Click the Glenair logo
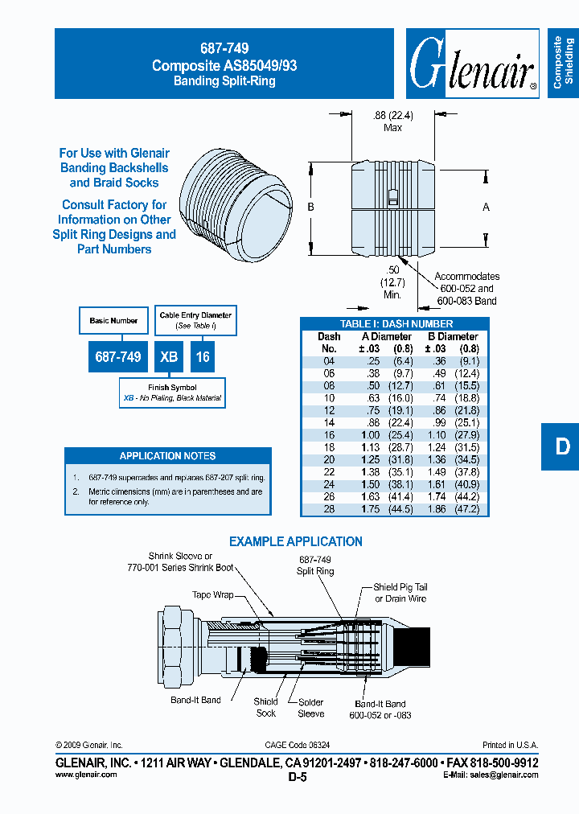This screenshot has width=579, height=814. pos(472,64)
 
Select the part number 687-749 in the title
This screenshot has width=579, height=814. pos(224,49)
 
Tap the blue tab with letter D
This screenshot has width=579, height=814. pos(562,446)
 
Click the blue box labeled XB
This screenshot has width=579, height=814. pos(169,356)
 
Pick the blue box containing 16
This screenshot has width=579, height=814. pos(203,356)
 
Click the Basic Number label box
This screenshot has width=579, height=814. pos(113,321)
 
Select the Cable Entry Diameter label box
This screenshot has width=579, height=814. pos(195,319)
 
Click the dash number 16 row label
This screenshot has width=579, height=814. pos(329,435)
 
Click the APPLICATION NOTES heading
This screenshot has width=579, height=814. pos(167,456)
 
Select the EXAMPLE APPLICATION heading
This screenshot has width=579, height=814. pos(296,542)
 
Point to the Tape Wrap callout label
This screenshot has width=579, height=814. pos(212,595)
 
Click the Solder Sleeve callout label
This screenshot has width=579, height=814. pos(310,708)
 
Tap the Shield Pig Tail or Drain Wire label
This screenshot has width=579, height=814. pos(400,593)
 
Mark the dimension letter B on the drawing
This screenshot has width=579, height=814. pos(310,208)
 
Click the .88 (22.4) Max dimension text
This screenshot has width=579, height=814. pos(393,121)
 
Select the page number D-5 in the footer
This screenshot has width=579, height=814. pos(298,778)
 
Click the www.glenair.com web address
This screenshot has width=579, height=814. pos(86,775)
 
